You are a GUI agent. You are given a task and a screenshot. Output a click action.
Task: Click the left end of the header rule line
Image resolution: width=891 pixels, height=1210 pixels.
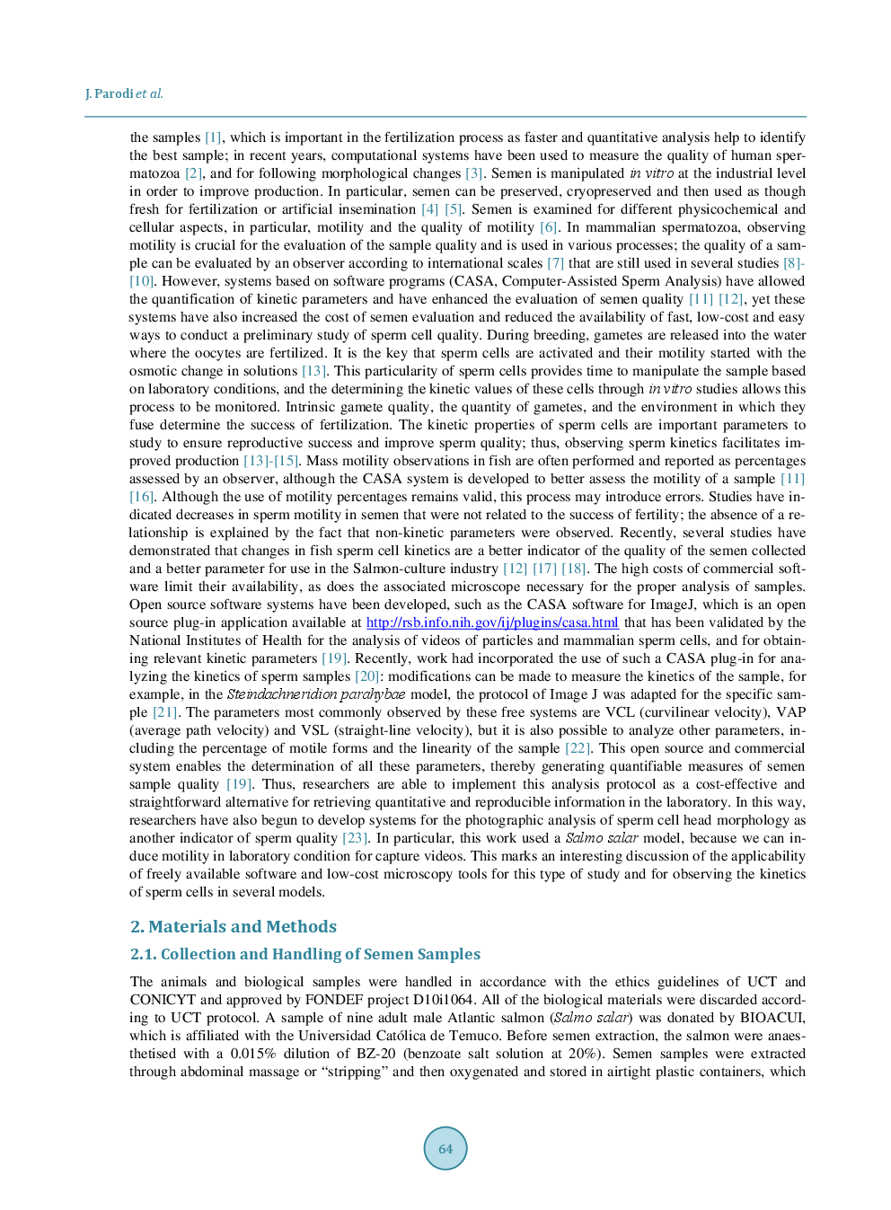pyautogui.click(x=84, y=117)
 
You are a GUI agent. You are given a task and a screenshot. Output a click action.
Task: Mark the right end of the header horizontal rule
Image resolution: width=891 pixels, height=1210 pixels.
pyautogui.click(x=807, y=117)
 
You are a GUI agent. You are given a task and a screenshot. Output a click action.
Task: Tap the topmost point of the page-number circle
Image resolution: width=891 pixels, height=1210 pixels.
pyautogui.click(x=445, y=1126)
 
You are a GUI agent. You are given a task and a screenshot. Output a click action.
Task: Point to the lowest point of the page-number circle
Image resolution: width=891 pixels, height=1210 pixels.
pyautogui.click(x=445, y=1170)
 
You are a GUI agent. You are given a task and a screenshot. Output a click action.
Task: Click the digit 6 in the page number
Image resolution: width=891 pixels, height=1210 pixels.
pyautogui.click(x=442, y=1148)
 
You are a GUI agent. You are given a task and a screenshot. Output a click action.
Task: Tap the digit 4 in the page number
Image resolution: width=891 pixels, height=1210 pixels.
pyautogui.click(x=449, y=1148)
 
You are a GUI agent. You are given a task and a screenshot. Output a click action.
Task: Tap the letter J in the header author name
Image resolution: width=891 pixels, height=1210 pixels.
pyautogui.click(x=87, y=94)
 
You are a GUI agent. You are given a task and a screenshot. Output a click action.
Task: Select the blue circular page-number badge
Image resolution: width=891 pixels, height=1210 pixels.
pyautogui.click(x=445, y=1148)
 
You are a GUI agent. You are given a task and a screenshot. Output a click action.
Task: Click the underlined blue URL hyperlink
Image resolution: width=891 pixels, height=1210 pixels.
pyautogui.click(x=492, y=623)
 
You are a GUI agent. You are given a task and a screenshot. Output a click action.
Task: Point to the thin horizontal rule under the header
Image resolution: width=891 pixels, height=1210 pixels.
pyautogui.click(x=445, y=117)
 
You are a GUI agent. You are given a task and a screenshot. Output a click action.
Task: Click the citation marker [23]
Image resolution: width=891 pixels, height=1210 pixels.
pyautogui.click(x=356, y=838)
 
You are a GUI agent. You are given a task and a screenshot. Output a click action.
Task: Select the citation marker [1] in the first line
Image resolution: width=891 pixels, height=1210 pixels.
pyautogui.click(x=213, y=137)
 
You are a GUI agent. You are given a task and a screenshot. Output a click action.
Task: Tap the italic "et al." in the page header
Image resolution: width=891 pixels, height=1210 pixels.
pyautogui.click(x=150, y=94)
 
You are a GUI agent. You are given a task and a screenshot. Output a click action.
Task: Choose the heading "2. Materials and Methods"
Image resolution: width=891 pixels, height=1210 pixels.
pyautogui.click(x=234, y=927)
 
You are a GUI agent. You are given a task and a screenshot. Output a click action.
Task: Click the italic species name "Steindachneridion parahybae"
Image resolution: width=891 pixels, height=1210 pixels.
pyautogui.click(x=316, y=694)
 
